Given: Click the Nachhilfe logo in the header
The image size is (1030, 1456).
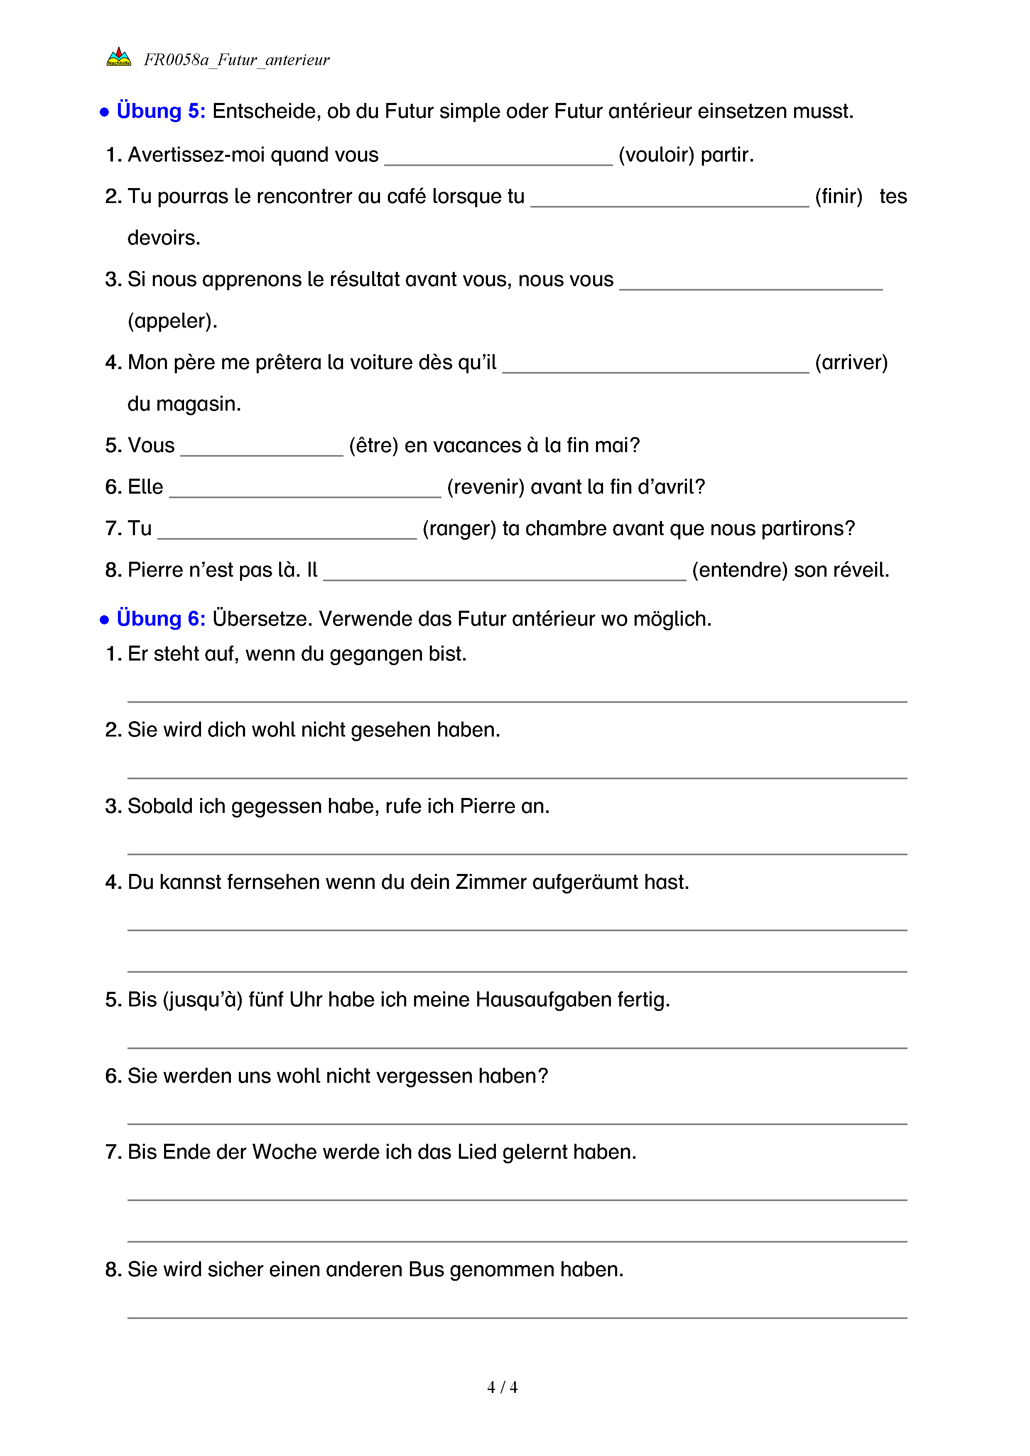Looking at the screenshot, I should pos(119,57).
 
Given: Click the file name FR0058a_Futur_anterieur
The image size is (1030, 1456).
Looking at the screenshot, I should pos(237,60).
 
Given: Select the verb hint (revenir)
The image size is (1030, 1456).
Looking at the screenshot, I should pos(486,487).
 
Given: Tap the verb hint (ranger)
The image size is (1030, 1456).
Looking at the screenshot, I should pos(459,528).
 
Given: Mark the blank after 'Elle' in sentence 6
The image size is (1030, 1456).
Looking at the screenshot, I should pos(305,489).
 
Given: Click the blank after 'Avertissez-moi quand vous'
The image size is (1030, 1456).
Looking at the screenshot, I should pos(498,157).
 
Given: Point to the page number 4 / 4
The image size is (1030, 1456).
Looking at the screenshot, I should pos(502,1387).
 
